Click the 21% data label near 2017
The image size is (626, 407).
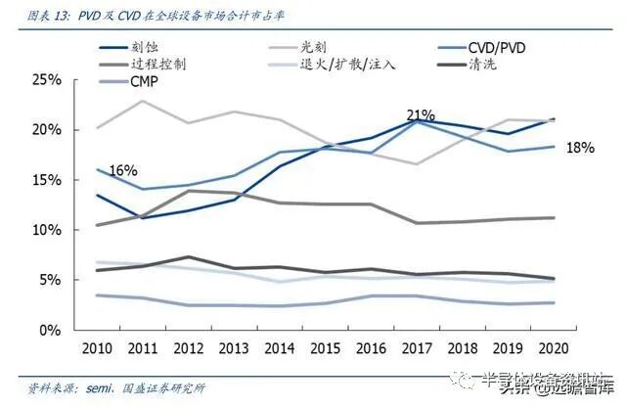pos(421,114)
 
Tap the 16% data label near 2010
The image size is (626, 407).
pos(124,171)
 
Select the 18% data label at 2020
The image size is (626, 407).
pos(580,147)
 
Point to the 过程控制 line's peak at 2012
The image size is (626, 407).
pos(188,190)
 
